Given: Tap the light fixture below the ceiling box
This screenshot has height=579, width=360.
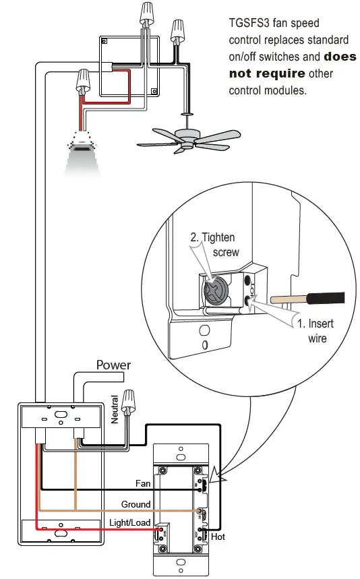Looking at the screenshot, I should [x=84, y=152].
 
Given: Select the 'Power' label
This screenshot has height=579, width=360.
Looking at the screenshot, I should [x=113, y=365].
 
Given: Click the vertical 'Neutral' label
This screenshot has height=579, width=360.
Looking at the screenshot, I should [x=115, y=409].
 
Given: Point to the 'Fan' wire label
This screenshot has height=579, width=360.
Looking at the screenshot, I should [x=143, y=483].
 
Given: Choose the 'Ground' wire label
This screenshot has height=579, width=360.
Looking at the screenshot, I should [x=136, y=504].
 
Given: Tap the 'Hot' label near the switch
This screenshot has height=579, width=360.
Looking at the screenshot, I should [x=218, y=537].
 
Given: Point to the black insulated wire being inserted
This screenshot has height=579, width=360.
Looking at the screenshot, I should [x=317, y=298].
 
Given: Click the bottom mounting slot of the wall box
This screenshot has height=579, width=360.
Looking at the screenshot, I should [x=61, y=532].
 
